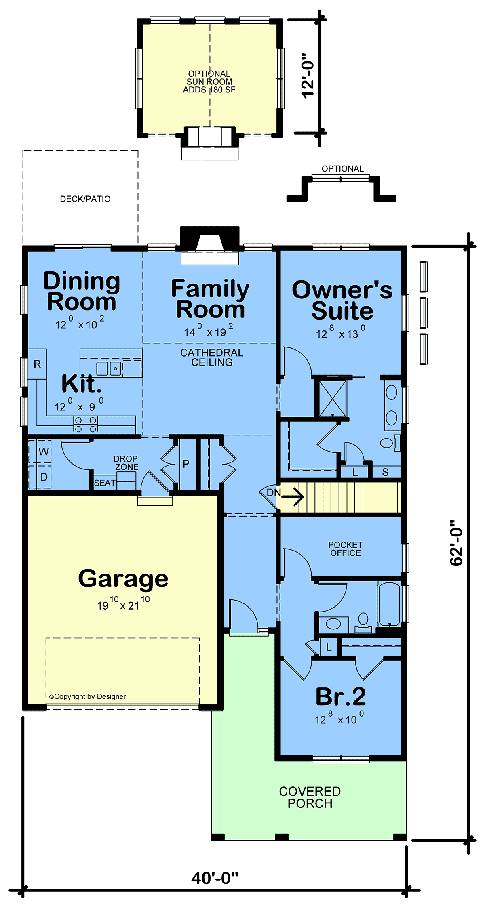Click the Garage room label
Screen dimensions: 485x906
(123, 579)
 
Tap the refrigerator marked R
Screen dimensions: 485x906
(37, 364)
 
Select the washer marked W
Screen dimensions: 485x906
(40, 451)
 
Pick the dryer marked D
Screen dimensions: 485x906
(40, 477)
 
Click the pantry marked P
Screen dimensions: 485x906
(186, 463)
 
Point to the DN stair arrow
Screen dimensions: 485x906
(293, 496)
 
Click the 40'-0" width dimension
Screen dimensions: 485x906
(215, 878)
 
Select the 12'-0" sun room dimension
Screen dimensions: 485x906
(308, 76)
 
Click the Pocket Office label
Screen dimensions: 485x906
(346, 549)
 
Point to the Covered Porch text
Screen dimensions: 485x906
(310, 797)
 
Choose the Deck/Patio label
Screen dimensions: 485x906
(85, 199)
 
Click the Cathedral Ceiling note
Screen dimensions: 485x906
(212, 357)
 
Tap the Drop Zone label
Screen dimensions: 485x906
(126, 463)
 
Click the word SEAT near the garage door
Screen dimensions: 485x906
(105, 483)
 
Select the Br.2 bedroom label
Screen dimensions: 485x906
(341, 696)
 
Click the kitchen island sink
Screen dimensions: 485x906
(109, 368)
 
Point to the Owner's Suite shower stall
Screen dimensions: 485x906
(333, 399)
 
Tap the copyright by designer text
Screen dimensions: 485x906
(88, 696)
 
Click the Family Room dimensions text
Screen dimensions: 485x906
(209, 331)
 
